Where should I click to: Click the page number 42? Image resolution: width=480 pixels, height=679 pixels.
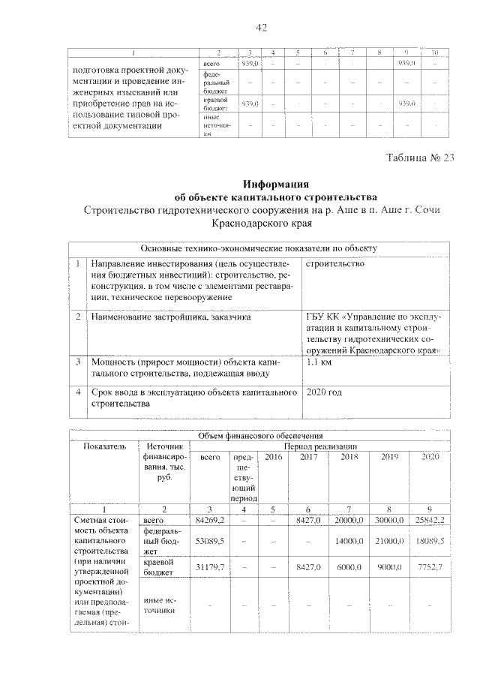[262, 28]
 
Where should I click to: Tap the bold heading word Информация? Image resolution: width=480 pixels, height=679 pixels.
[277, 184]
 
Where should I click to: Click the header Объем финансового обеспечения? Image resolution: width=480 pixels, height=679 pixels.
[260, 435]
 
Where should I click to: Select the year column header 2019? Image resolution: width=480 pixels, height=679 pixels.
[389, 457]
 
